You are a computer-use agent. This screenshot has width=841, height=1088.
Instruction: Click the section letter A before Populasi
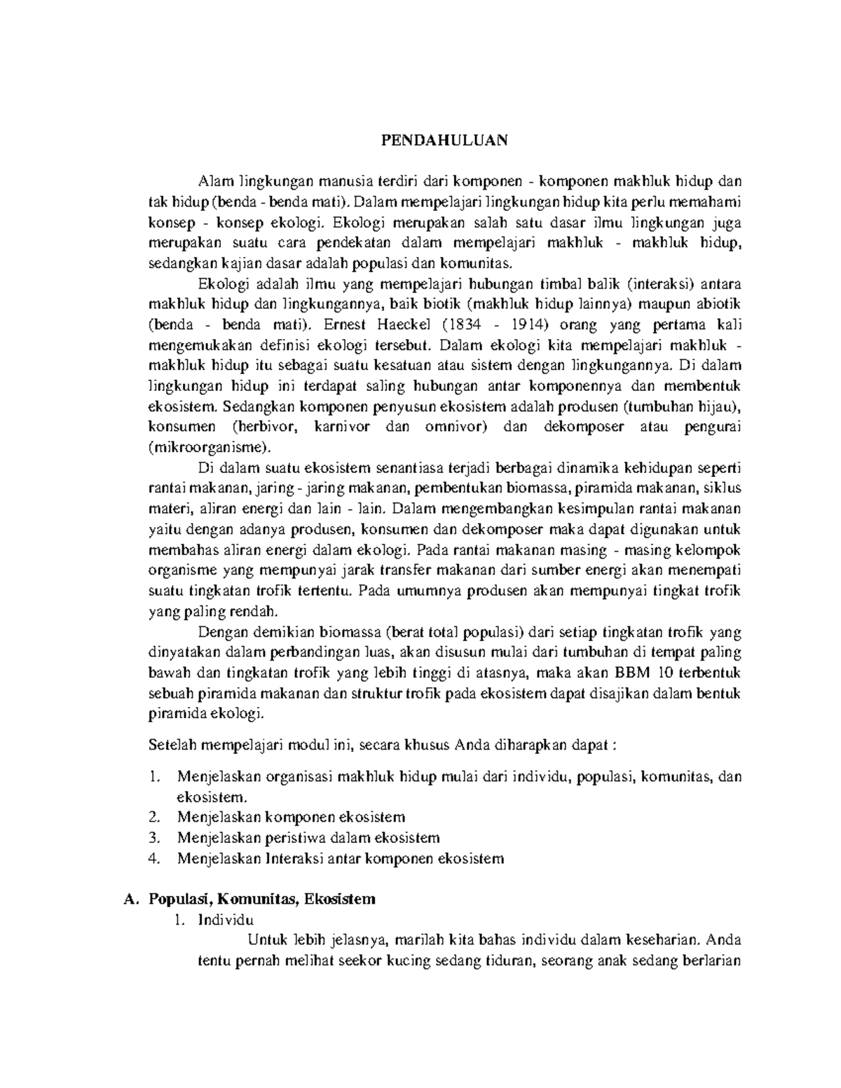127,899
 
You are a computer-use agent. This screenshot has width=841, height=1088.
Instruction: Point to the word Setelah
171,745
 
